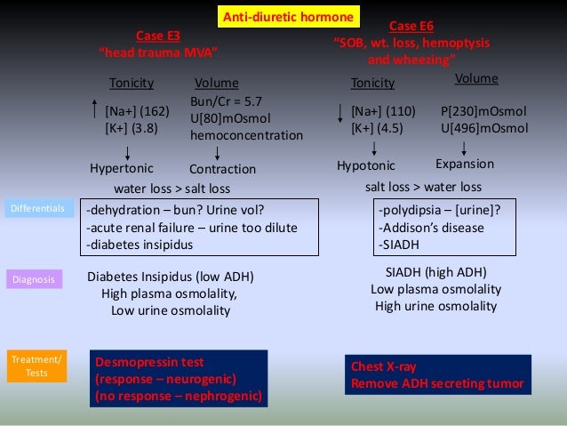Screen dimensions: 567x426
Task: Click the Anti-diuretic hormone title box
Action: point(288,16)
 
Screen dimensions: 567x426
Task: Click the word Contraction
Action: point(222,169)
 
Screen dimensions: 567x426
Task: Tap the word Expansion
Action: point(464,165)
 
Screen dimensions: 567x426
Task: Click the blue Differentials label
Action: point(37,209)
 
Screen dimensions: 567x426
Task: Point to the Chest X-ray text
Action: point(384,366)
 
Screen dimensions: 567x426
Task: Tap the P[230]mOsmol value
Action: point(483,111)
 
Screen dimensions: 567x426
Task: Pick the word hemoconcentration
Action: point(246,135)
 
